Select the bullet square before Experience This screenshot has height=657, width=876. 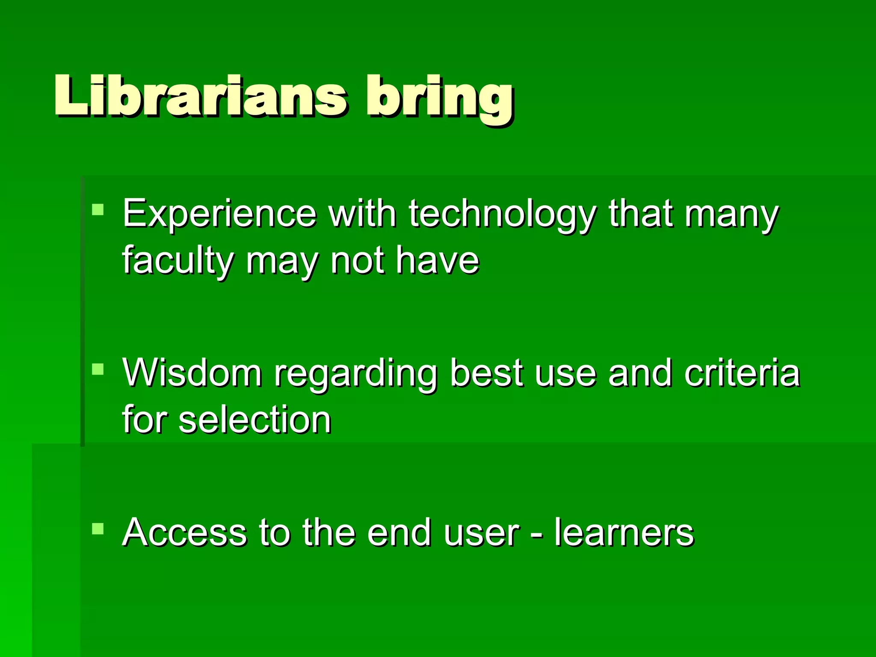tap(98, 209)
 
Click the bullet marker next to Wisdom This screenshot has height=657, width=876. tap(98, 369)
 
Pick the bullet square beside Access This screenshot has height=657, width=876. tap(98, 529)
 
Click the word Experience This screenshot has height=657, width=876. tap(219, 214)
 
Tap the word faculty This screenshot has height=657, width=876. tap(178, 261)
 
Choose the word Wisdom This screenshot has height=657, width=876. tap(192, 373)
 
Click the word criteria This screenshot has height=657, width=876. tap(742, 373)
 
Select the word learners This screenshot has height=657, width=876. tap(624, 533)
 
